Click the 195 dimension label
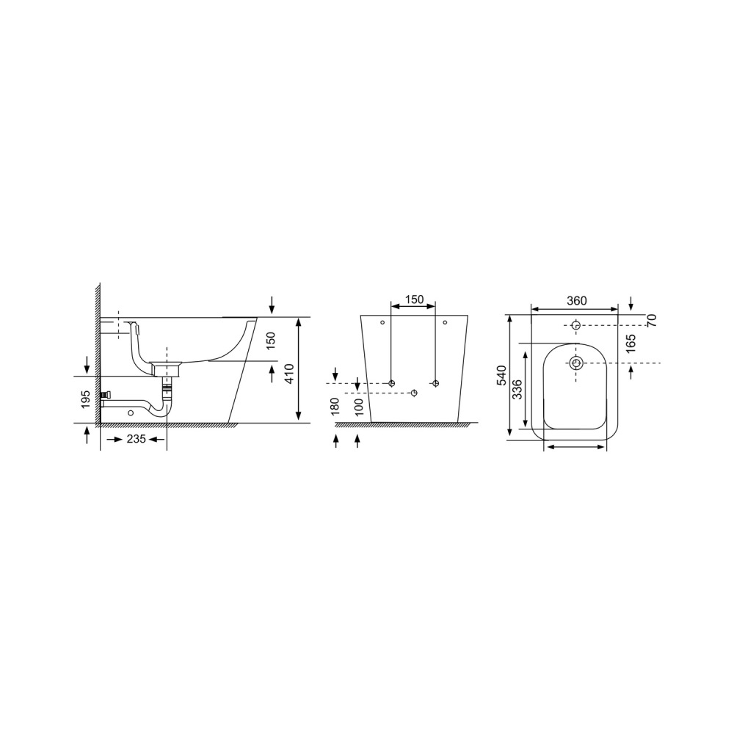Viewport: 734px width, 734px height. click(x=87, y=399)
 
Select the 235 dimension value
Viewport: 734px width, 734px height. click(x=134, y=439)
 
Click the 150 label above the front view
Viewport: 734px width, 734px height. click(x=414, y=299)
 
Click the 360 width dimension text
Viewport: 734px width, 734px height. click(x=577, y=300)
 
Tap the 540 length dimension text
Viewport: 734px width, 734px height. click(x=502, y=376)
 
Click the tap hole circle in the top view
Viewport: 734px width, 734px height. click(x=576, y=325)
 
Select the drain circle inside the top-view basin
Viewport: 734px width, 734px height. click(x=576, y=363)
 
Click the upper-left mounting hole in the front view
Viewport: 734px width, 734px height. click(x=382, y=321)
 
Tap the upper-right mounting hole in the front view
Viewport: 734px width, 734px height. click(x=445, y=321)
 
